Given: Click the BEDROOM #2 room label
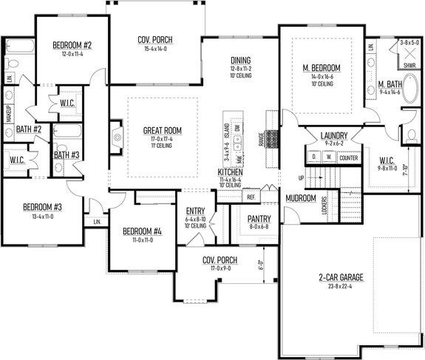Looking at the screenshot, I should pos(71,45).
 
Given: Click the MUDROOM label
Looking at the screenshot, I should pos(301,198).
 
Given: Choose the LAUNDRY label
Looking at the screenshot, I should pos(334,135).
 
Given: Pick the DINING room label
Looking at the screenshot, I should pos(240,61).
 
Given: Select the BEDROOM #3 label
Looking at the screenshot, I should pos(41,206).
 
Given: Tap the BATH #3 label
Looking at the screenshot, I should pos(67,154).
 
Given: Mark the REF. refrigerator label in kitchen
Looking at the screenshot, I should pos(251,197).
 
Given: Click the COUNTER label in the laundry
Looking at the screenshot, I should pos(348,157).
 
